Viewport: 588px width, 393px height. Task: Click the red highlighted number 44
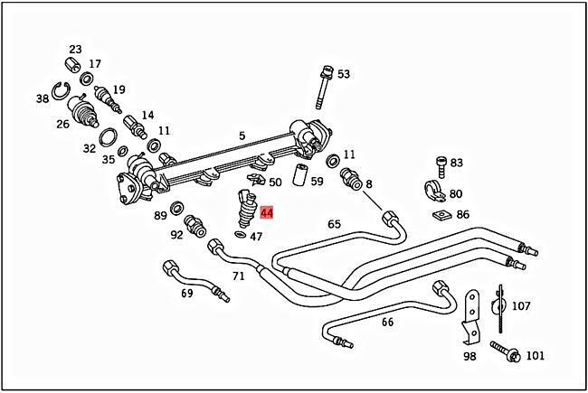[267, 213]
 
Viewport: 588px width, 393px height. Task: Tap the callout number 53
[344, 74]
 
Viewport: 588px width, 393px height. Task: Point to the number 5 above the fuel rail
[242, 136]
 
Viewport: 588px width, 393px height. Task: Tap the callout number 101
[536, 355]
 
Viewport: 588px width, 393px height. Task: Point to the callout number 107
[521, 305]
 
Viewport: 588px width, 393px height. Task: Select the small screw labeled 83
[440, 165]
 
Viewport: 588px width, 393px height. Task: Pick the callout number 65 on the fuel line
[334, 223]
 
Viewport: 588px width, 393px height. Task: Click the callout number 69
[187, 294]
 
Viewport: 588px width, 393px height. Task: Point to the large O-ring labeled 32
[107, 137]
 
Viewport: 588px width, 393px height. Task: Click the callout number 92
[176, 234]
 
